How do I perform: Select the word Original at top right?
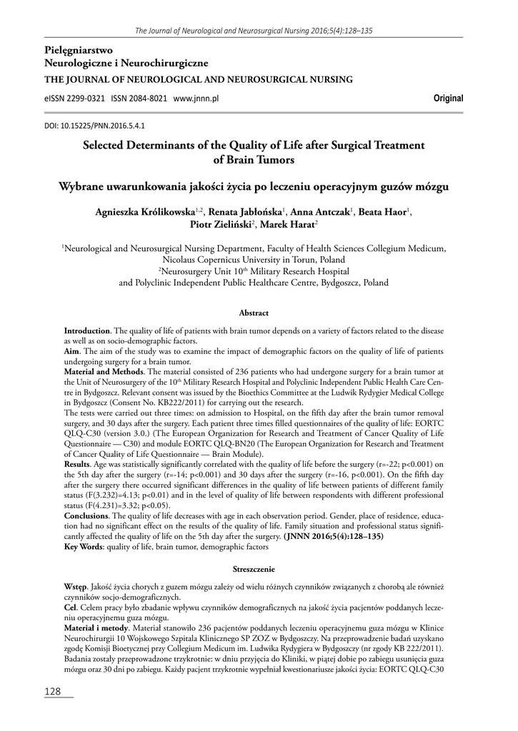pyautogui.click(x=449, y=99)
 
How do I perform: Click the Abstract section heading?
pyautogui.click(x=254, y=313)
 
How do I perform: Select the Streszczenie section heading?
pyautogui.click(x=254, y=569)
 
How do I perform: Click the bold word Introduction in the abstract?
pyautogui.click(x=86, y=332)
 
